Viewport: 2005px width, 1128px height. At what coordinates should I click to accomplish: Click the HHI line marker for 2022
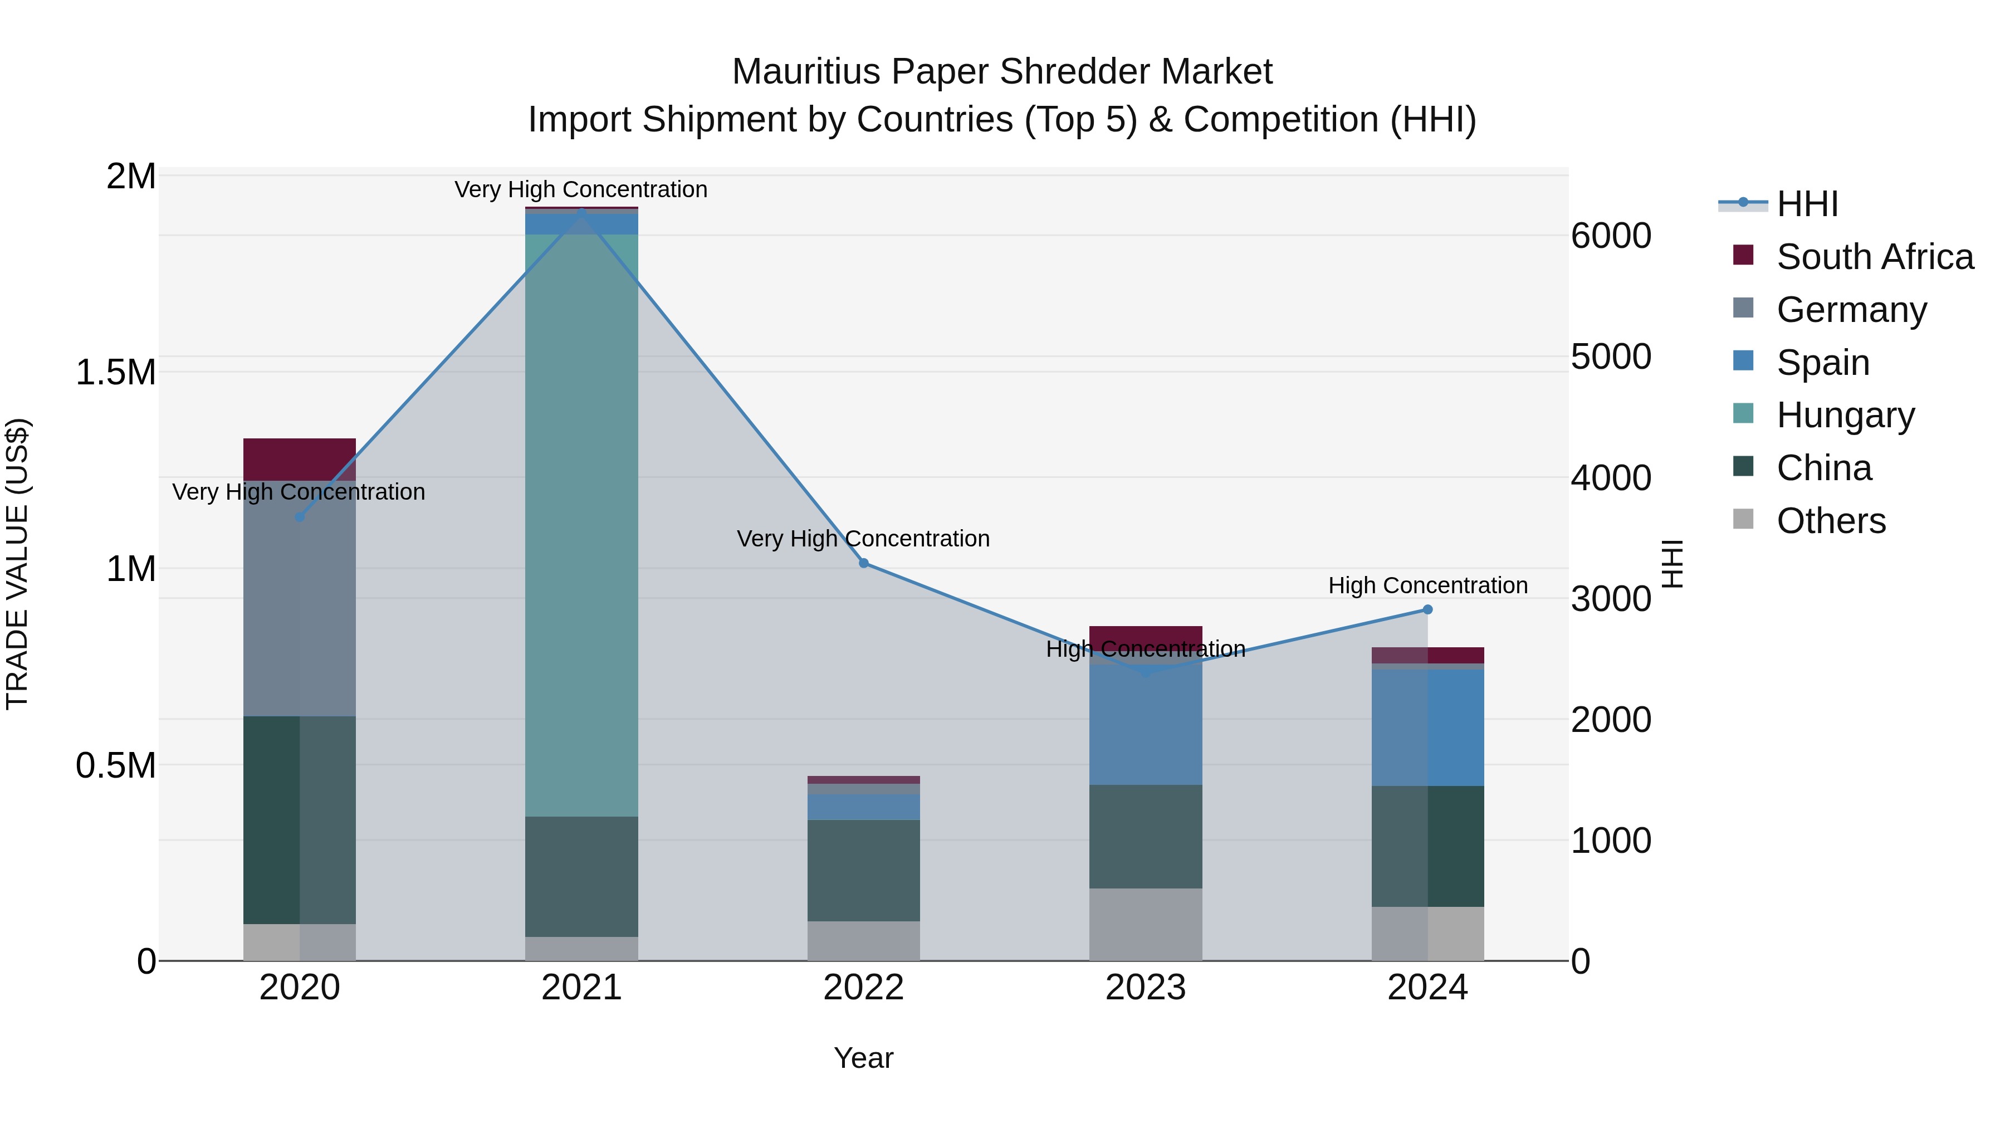click(x=863, y=563)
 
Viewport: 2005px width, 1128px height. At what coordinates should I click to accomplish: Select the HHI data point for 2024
click(x=1427, y=609)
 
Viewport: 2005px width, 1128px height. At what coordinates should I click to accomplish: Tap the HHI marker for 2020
click(x=300, y=517)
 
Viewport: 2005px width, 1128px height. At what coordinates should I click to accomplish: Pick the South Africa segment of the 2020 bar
click(x=300, y=460)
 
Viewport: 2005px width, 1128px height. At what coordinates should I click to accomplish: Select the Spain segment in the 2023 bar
click(x=1145, y=724)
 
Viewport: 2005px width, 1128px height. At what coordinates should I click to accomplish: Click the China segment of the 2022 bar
click(x=863, y=870)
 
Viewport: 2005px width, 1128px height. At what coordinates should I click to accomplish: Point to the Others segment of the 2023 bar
click(x=1145, y=924)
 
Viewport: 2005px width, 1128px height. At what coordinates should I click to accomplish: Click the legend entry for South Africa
click(x=1874, y=257)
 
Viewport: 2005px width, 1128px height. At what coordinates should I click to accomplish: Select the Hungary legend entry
click(x=1845, y=415)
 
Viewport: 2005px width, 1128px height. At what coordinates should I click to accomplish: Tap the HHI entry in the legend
click(x=1807, y=204)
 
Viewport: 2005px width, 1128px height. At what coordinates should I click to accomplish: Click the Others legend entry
click(x=1831, y=521)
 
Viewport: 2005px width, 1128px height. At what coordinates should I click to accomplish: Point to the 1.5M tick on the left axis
click(x=116, y=372)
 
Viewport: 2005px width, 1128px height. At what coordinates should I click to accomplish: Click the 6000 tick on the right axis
click(x=1610, y=235)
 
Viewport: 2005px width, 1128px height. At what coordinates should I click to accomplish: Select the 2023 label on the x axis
click(x=1145, y=988)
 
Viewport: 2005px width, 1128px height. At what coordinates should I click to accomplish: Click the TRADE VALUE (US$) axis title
click(x=17, y=564)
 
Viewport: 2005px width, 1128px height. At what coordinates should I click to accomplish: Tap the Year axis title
click(x=863, y=1058)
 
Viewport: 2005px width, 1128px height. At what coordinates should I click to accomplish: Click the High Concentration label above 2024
click(x=1427, y=585)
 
